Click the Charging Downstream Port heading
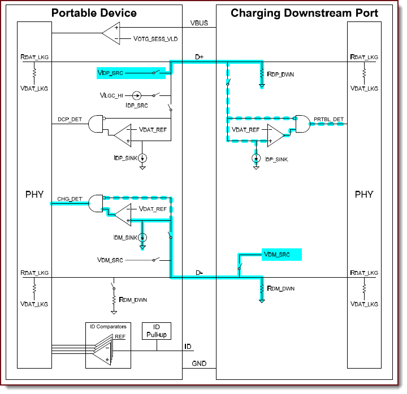(304, 12)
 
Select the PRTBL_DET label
(328, 119)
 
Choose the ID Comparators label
(109, 326)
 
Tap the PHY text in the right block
(363, 195)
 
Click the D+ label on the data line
(199, 57)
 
